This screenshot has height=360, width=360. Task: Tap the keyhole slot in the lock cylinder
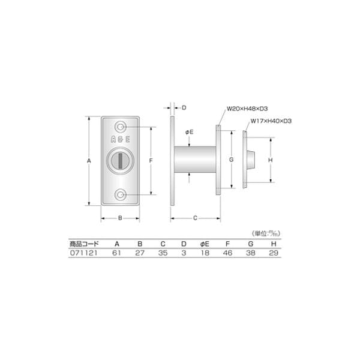pyautogui.click(x=121, y=161)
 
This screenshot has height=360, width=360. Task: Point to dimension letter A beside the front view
pyautogui.click(x=89, y=161)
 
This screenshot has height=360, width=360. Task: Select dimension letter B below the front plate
pyautogui.click(x=121, y=218)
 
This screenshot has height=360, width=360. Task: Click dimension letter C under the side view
pyautogui.click(x=196, y=218)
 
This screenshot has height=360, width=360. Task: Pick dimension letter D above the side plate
pyautogui.click(x=184, y=108)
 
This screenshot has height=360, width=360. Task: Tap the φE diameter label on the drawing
pyautogui.click(x=188, y=131)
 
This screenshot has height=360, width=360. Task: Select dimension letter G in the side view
pyautogui.click(x=230, y=161)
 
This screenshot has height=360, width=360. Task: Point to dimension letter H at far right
pyautogui.click(x=271, y=160)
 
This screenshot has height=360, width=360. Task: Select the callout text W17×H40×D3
pyautogui.click(x=270, y=121)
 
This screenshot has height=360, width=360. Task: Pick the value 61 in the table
pyautogui.click(x=116, y=253)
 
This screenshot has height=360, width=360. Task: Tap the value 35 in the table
pyautogui.click(x=163, y=253)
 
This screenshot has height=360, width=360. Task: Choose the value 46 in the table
pyautogui.click(x=227, y=253)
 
